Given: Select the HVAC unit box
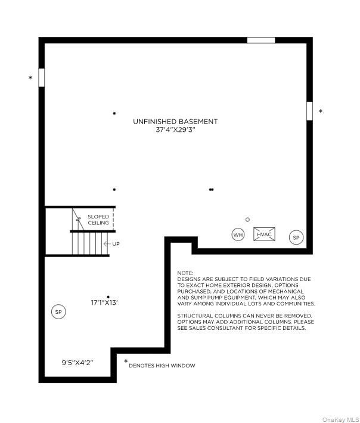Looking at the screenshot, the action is tap(264, 234).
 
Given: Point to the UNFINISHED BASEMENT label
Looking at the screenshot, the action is tap(175, 122).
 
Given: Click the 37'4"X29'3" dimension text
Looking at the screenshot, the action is tap(175, 129).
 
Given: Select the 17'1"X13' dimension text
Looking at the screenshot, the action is tap(104, 302).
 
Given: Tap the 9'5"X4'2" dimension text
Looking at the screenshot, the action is tap(77, 363).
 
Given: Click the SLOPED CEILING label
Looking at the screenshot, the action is tap(98, 220).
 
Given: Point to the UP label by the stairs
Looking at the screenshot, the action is tap(116, 244).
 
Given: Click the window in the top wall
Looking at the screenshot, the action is tap(261, 40).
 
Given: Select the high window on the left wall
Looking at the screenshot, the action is tap(42, 78).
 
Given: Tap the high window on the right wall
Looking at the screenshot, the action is tap(309, 111).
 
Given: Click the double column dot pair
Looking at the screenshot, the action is tap(211, 189).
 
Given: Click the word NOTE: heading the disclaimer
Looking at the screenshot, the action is tap(185, 273).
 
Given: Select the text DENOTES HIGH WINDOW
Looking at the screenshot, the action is tap(162, 366).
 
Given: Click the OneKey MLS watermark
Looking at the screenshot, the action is tap(340, 419).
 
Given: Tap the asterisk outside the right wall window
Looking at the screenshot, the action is tap(321, 111).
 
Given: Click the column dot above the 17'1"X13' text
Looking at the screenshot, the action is tap(108, 297).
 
